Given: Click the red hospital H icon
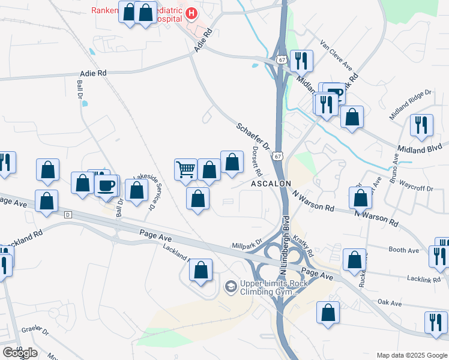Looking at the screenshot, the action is tap(191, 13).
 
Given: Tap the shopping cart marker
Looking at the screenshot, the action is tap(186, 169).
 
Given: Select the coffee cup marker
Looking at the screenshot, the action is tap(107, 185).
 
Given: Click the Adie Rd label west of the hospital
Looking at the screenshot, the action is tap(92, 73).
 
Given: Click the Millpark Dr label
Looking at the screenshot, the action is tap(247, 246).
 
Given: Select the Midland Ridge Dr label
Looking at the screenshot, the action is tap(411, 100).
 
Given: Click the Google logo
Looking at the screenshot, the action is tap(20, 352).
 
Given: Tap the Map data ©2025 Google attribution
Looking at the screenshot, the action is tap(411, 355).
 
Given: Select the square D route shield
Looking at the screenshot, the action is tap(68, 214).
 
